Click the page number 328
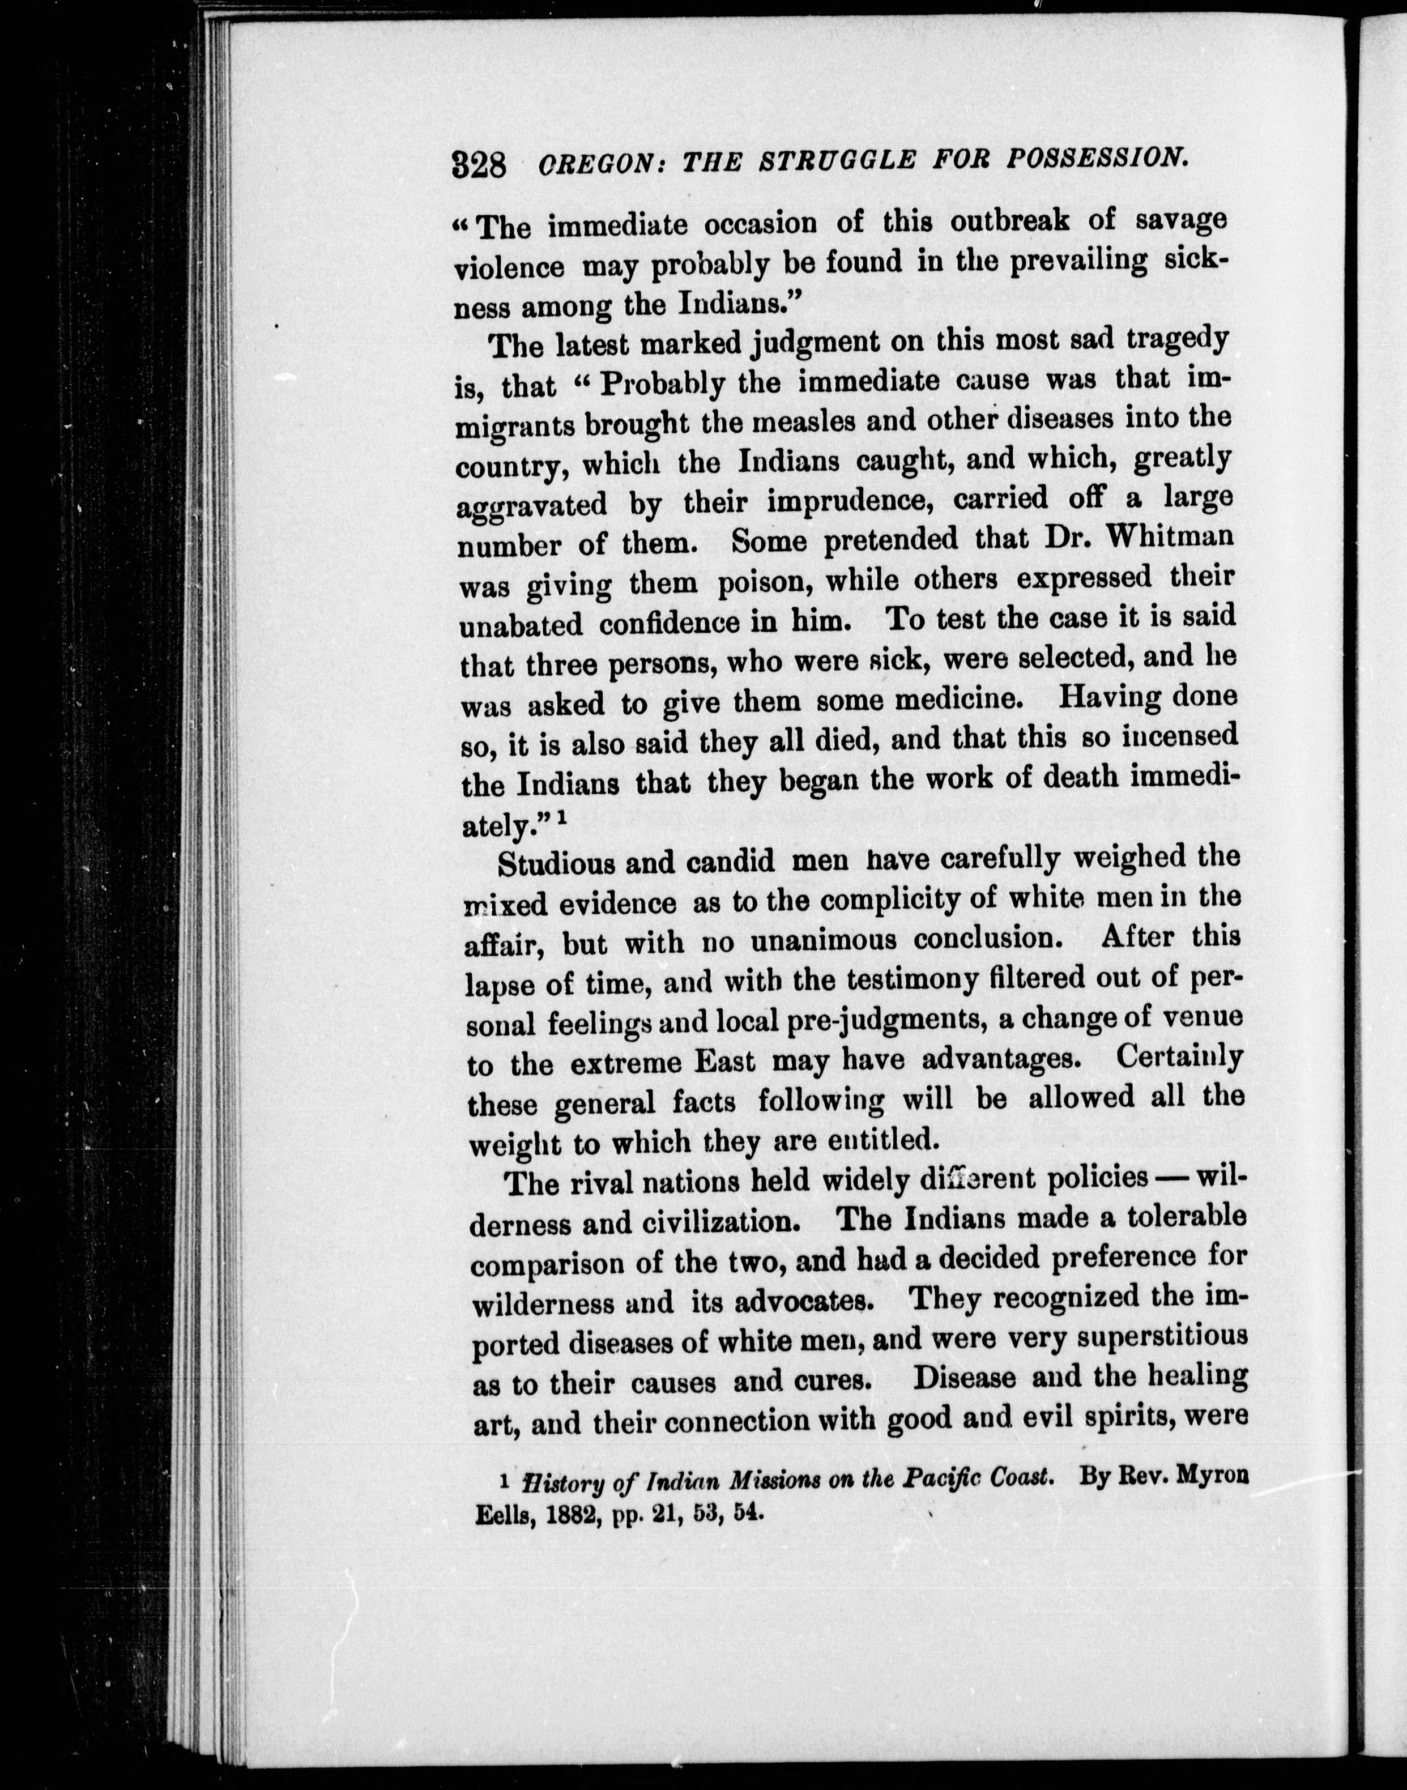click(479, 165)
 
